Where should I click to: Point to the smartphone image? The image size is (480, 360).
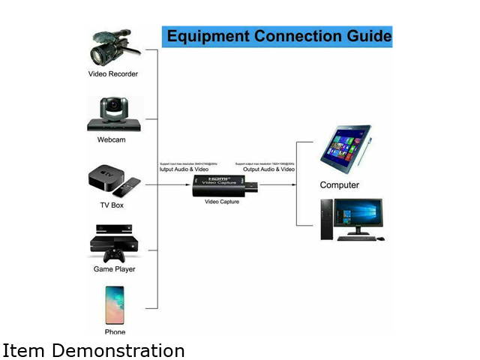[115, 304]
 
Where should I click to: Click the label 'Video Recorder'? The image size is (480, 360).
[113, 74]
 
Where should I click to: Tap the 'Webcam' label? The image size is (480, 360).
[111, 140]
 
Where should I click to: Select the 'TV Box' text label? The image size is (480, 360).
[112, 205]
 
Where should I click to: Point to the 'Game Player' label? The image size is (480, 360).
[114, 268]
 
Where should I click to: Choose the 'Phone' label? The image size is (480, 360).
[115, 331]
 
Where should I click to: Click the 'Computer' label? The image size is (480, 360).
[340, 184]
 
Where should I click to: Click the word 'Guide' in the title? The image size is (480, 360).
[364, 36]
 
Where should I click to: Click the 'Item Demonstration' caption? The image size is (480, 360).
[94, 350]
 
